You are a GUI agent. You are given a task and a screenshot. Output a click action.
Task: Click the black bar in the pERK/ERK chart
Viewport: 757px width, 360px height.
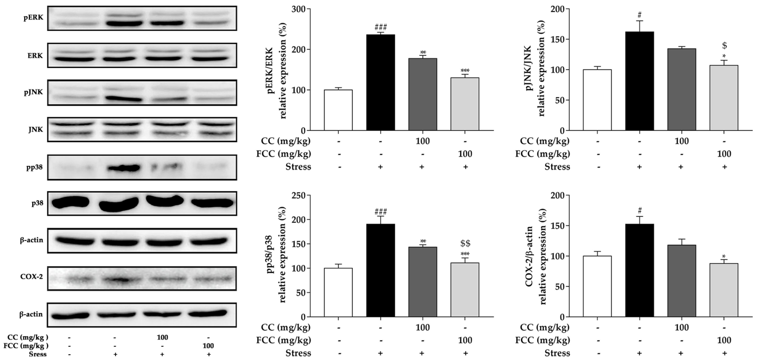(x=380, y=82)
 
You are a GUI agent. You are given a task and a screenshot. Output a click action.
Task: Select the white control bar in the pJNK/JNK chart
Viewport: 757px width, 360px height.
(x=597, y=100)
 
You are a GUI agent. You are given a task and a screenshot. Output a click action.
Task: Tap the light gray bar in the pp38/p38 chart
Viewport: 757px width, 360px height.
(x=465, y=290)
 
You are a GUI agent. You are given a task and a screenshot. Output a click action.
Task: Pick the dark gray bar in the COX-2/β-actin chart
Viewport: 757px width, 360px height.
(x=681, y=281)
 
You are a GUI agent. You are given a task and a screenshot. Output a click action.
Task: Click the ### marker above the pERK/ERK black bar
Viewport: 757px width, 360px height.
(x=381, y=28)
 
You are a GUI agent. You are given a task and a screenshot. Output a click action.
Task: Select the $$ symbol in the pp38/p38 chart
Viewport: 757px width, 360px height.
(x=465, y=243)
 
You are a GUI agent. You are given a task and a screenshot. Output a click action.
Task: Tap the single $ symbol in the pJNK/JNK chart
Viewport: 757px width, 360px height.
(x=724, y=46)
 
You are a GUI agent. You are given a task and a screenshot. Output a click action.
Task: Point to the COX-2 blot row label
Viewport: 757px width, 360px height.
(x=31, y=277)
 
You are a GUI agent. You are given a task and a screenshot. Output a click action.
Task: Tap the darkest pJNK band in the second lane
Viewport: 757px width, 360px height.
(x=123, y=99)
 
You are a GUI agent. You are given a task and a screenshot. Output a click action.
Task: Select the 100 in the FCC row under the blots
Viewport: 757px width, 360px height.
(x=208, y=346)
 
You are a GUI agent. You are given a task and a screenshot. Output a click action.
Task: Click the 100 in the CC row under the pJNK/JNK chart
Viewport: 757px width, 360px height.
(x=681, y=141)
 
